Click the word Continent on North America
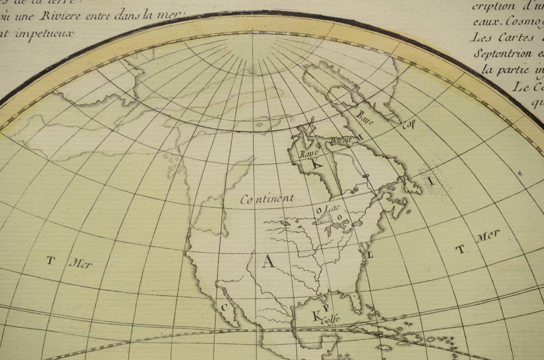(x=267, y=199)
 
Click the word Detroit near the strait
(x=340, y=140)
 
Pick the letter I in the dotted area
(x=431, y=182)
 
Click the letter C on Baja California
(x=224, y=307)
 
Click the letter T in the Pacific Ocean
(x=51, y=261)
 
